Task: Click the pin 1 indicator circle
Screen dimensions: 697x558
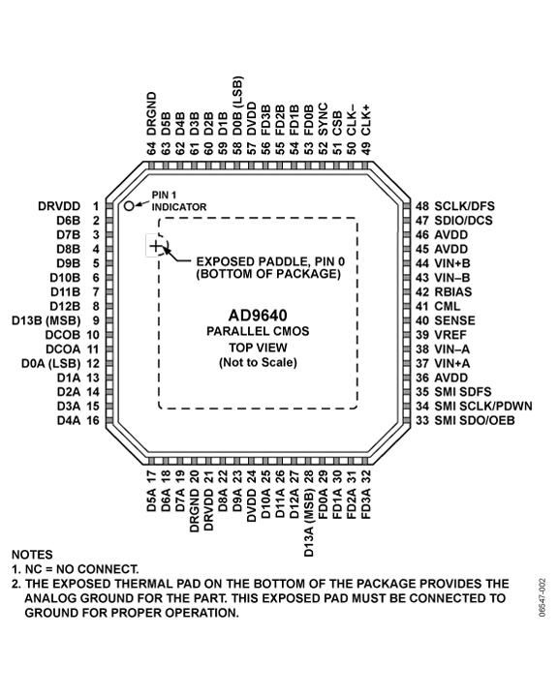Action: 129,206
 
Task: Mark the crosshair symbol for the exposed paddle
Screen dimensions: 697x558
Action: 156,247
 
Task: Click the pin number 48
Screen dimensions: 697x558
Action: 421,206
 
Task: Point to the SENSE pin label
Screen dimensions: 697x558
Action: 456,320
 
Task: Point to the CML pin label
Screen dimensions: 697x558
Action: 449,306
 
